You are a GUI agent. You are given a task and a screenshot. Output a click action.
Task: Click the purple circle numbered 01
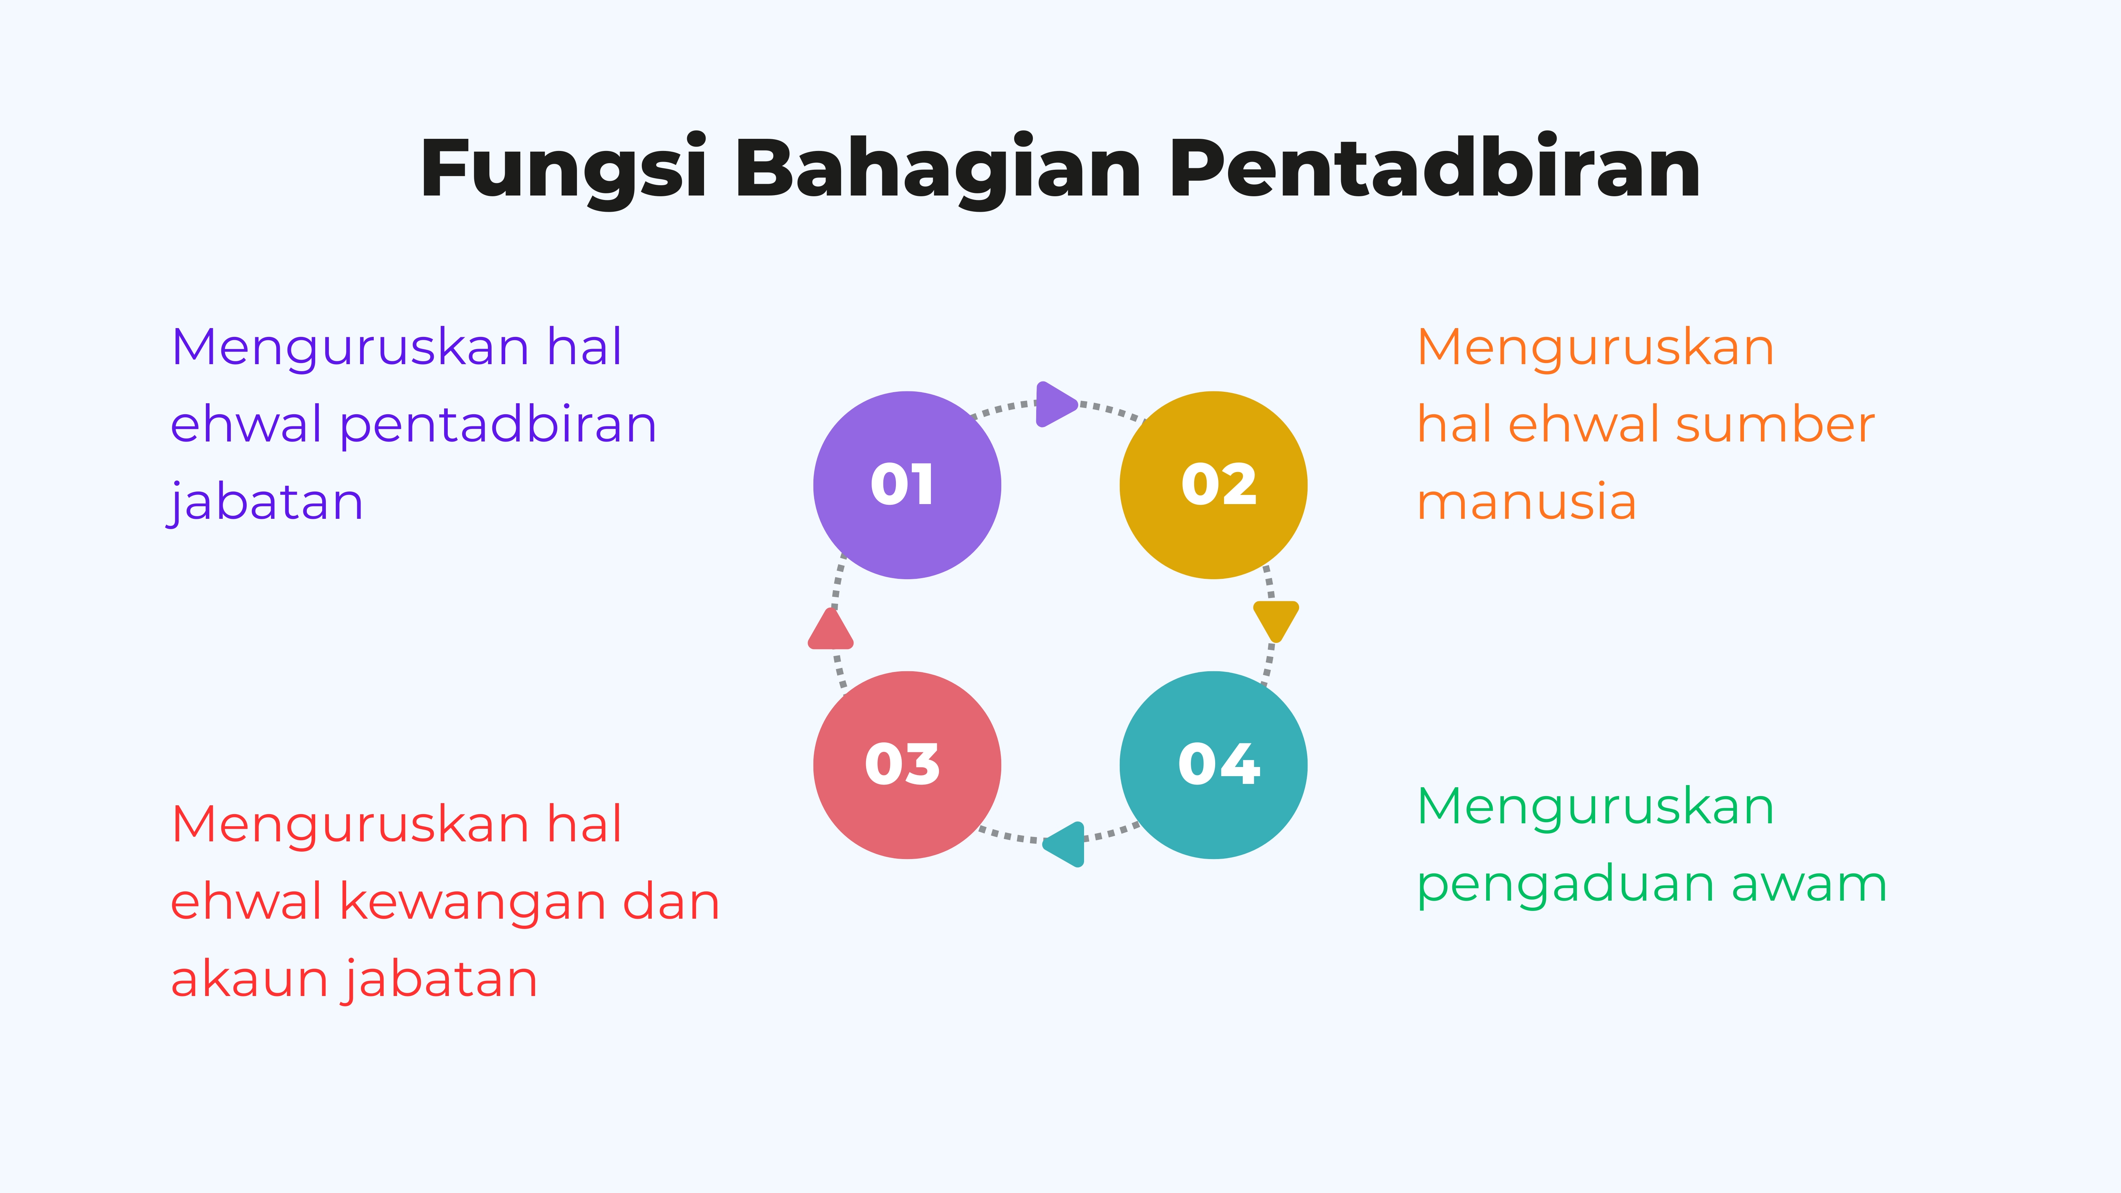tap(907, 485)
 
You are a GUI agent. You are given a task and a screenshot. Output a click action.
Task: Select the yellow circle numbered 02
tap(1214, 485)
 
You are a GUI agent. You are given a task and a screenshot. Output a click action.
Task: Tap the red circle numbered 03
tap(907, 765)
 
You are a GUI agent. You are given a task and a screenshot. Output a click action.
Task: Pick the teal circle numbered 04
tap(1214, 765)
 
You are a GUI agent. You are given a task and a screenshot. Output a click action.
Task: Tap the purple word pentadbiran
tap(498, 426)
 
